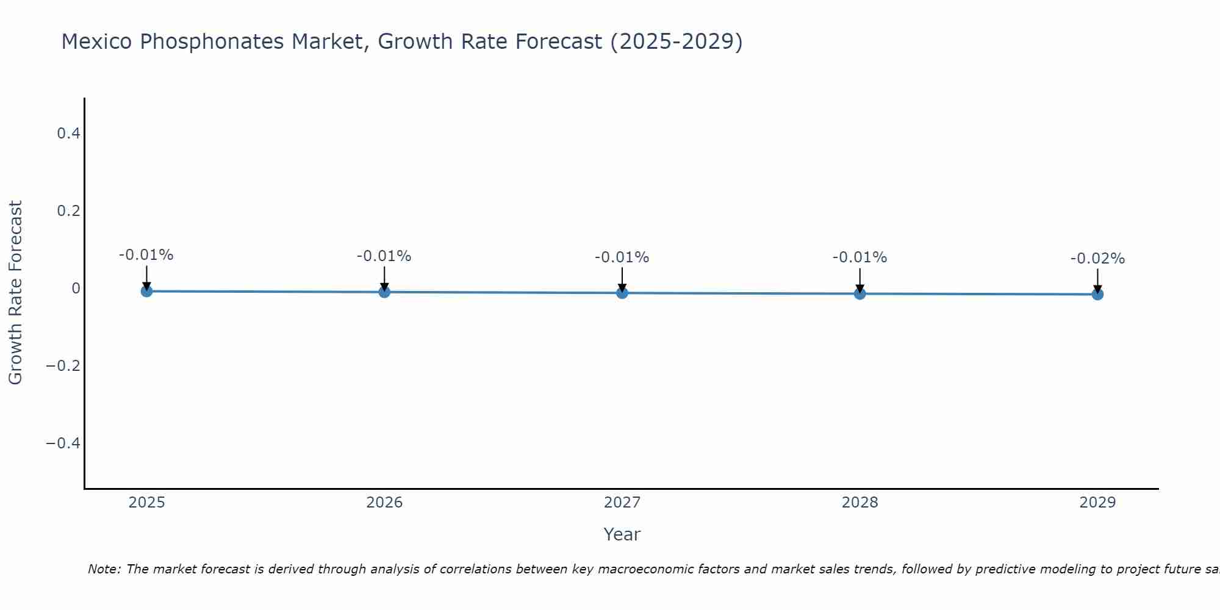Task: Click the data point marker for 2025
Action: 146,291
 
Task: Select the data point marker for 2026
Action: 384,292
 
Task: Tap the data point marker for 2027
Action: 622,293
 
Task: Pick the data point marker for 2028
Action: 859,293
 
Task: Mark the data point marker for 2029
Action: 1097,294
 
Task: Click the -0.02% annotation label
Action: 1097,259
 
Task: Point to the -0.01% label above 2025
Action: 146,255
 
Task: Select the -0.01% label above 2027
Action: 622,257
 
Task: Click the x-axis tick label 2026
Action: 384,503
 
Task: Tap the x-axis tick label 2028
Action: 859,503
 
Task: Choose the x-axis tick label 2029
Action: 1097,503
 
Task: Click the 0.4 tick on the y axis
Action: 68,133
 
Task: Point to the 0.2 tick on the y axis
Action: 68,210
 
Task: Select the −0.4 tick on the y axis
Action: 63,443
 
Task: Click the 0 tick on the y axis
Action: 76,288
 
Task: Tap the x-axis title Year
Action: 622,534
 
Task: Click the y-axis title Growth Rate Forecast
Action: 15,293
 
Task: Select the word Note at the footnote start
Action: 104,569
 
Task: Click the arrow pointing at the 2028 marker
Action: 859,280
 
